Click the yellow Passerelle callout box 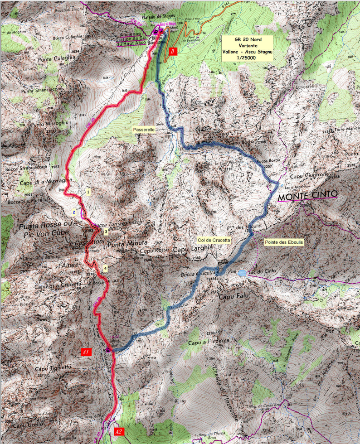pyautogui.click(x=145, y=130)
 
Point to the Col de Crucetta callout pyautogui.click(x=214, y=239)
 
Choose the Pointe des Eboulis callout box pyautogui.click(x=284, y=242)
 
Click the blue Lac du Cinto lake pyautogui.click(x=242, y=273)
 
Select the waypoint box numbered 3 pyautogui.click(x=106, y=232)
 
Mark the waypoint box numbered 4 pyautogui.click(x=105, y=268)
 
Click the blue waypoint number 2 pyautogui.click(x=73, y=212)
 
